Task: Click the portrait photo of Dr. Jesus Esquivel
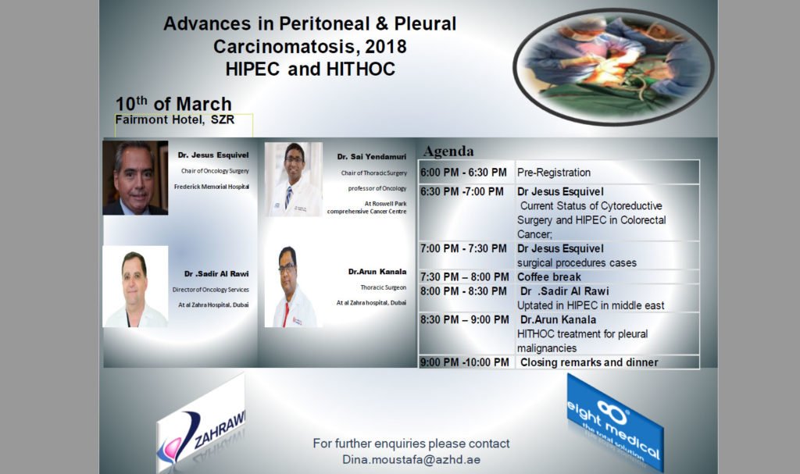click(x=134, y=178)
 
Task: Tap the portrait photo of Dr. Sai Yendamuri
click(x=293, y=180)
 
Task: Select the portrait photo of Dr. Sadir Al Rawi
click(x=135, y=287)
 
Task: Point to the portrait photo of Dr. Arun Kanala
click(x=293, y=287)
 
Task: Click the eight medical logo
click(x=614, y=419)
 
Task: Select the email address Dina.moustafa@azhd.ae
click(x=411, y=459)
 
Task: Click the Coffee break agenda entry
click(x=549, y=276)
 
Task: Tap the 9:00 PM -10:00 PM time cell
click(x=465, y=362)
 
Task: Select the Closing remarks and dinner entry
click(x=588, y=362)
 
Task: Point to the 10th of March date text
click(x=173, y=104)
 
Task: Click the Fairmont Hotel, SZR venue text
click(x=174, y=120)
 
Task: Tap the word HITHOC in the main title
click(x=355, y=69)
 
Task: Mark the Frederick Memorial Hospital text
click(x=211, y=186)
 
